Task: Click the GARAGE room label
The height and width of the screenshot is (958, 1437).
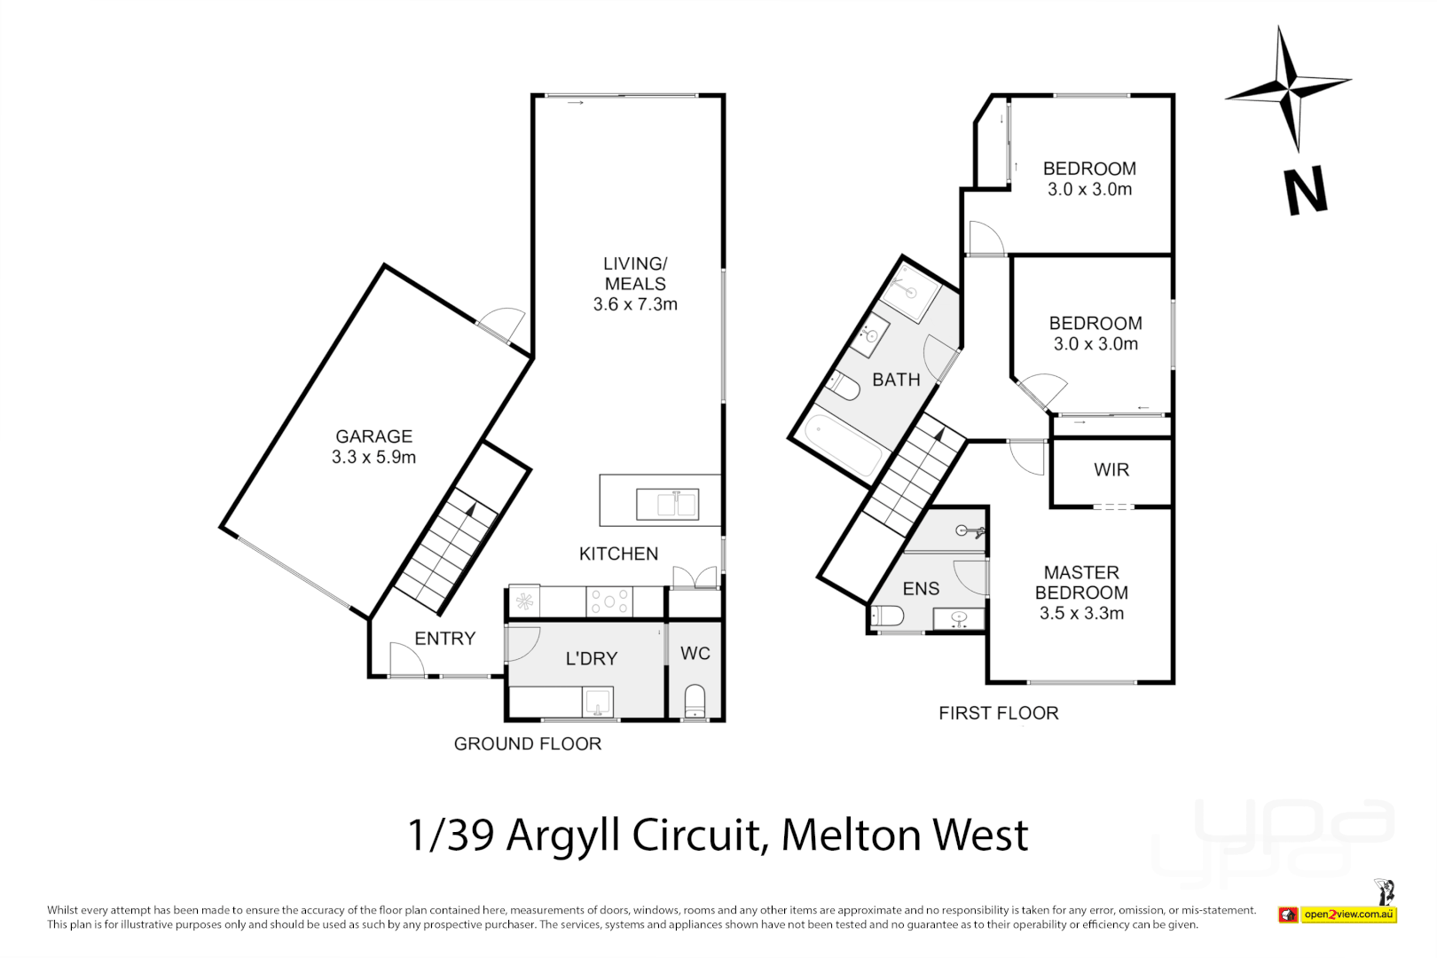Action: pos(373,436)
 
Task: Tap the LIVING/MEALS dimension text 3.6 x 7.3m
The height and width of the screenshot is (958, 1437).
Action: pos(635,304)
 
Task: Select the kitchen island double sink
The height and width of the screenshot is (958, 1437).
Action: pos(666,505)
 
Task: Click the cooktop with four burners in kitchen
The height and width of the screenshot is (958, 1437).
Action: pos(609,601)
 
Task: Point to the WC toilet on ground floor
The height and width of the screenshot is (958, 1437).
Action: pos(695,700)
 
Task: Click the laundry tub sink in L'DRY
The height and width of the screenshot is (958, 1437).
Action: pos(598,702)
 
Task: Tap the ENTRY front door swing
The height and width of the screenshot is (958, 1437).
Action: pos(404,659)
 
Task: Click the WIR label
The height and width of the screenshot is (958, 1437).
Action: pos(1111,470)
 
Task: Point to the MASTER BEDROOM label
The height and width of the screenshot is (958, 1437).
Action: pos(1081,583)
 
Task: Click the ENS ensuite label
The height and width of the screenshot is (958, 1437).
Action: pos(921,589)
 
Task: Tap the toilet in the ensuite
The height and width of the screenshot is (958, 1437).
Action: pos(888,615)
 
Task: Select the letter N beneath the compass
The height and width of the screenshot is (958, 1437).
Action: pos(1306,191)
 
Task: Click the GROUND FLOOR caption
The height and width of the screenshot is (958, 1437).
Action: pos(528,744)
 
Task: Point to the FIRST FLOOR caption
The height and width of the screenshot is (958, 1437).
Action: pos(999,713)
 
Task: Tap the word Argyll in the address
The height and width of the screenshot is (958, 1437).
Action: pos(562,836)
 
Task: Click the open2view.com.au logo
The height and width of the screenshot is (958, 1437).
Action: pos(1348,914)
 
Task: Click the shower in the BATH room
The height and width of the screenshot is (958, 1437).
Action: pos(910,291)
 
